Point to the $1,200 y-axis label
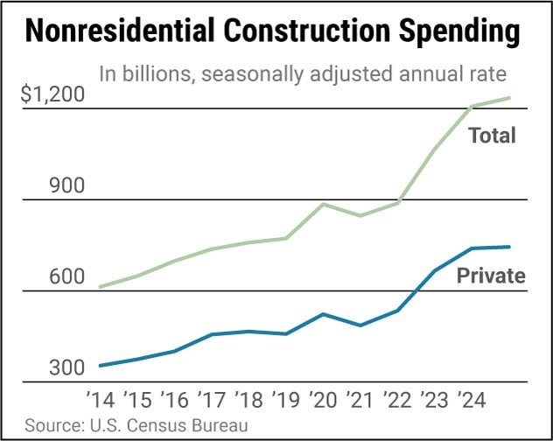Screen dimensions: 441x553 [x=53, y=94]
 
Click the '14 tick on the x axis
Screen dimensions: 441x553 [x=102, y=401]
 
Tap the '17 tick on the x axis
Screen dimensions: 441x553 [x=214, y=401]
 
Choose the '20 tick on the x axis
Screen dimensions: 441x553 [x=325, y=401]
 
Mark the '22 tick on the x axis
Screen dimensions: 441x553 [x=398, y=401]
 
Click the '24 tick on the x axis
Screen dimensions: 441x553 [x=472, y=401]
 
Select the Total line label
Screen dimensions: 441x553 [x=492, y=136]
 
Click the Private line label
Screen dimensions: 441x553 [x=491, y=276]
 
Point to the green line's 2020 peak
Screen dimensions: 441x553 [x=324, y=204]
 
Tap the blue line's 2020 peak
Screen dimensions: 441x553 [x=324, y=314]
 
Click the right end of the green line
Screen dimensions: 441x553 [x=510, y=98]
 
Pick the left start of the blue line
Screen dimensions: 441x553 [x=101, y=366]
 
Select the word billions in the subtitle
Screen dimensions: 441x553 [x=154, y=73]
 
